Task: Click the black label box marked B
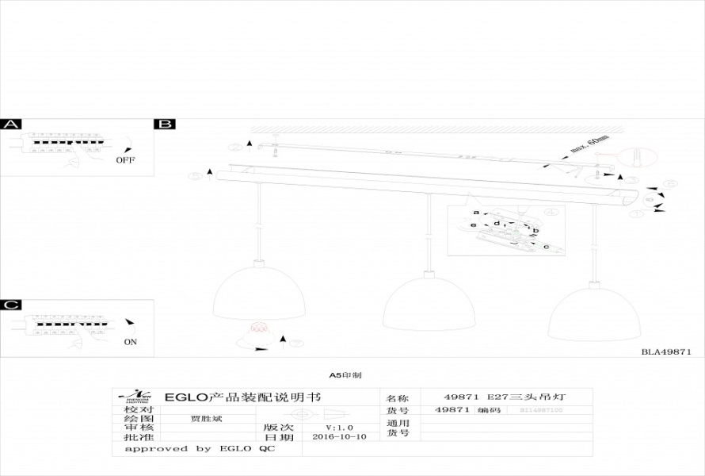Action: (166, 125)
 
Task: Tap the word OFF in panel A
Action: (125, 159)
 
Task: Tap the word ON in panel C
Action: (130, 343)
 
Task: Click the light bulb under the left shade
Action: (259, 328)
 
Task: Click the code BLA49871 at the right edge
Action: (666, 351)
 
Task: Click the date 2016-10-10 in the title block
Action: (339, 437)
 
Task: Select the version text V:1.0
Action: (339, 427)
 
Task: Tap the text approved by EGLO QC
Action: (199, 449)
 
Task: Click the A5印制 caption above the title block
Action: (345, 374)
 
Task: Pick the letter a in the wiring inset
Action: (476, 213)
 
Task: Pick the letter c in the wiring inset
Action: (546, 246)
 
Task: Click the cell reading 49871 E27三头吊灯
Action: (505, 396)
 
